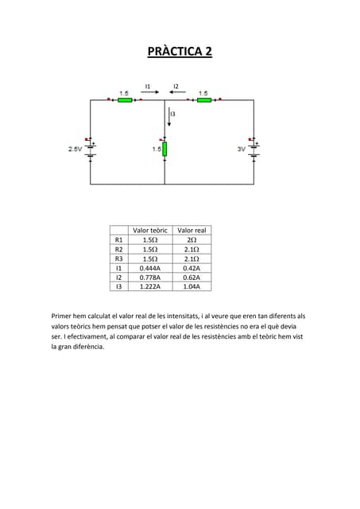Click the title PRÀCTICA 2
click(x=180, y=52)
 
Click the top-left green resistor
click(x=124, y=100)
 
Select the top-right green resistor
click(x=203, y=100)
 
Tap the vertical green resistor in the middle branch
click(x=165, y=149)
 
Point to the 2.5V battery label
click(x=75, y=149)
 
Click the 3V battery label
click(x=242, y=149)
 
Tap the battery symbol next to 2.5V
click(x=91, y=149)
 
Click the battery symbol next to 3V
click(x=254, y=149)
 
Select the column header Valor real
click(x=192, y=230)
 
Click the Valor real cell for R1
click(x=192, y=239)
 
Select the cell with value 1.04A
click(x=192, y=287)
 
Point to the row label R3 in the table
click(x=119, y=258)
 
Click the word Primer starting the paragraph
click(x=61, y=316)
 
